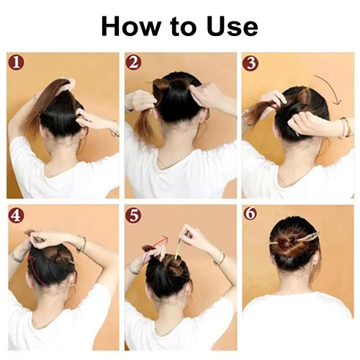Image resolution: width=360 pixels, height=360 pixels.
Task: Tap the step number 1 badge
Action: (16, 62)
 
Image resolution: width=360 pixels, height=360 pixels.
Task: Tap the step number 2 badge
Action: (133, 62)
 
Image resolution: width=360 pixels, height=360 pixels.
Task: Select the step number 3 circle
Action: (250, 62)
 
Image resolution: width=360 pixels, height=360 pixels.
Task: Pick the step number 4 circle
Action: (16, 215)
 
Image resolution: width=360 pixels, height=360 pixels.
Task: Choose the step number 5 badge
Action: (133, 215)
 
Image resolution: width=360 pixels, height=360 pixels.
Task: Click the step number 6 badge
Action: (250, 215)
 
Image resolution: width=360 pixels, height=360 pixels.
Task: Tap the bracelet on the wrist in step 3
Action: (344, 127)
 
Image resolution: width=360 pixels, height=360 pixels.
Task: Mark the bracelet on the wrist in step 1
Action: (113, 129)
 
